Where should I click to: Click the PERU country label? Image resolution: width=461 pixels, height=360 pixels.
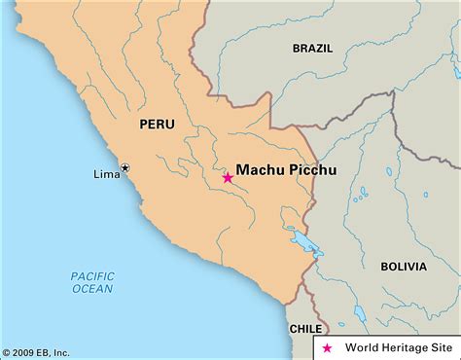pos(157,125)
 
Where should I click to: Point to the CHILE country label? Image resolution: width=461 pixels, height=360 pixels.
pos(305,329)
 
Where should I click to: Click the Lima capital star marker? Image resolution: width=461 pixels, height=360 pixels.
pos(124,169)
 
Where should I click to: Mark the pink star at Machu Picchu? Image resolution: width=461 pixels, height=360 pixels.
pos(228,177)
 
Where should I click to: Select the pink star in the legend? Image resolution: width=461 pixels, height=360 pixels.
pos(326,347)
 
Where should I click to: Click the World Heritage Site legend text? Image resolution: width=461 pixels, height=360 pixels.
pos(395,347)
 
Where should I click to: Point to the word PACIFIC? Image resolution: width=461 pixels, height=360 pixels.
pos(92,276)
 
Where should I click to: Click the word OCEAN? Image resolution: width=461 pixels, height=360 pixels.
pos(92,289)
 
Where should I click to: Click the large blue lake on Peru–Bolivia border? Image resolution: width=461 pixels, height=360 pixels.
pos(292,236)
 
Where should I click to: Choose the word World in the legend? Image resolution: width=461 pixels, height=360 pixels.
pos(360,347)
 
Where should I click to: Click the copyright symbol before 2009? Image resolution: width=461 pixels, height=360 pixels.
pos(6,352)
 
